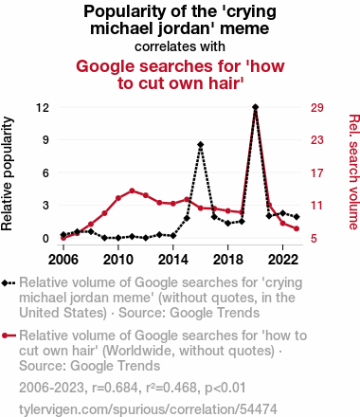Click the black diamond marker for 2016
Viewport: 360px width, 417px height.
pyautogui.click(x=201, y=145)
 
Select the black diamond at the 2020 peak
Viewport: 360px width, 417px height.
pyautogui.click(x=256, y=107)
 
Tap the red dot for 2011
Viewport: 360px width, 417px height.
pyautogui.click(x=132, y=190)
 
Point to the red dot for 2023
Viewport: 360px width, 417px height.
pyautogui.click(x=297, y=228)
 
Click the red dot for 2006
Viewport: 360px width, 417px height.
pyautogui.click(x=63, y=238)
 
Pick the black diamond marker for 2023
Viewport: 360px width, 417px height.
pyautogui.click(x=297, y=217)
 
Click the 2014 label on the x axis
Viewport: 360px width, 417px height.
pyautogui.click(x=173, y=260)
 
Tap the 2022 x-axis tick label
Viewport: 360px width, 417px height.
pyautogui.click(x=283, y=260)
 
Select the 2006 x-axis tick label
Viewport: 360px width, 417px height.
pyautogui.click(x=63, y=260)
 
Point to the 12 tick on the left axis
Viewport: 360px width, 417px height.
pyautogui.click(x=43, y=108)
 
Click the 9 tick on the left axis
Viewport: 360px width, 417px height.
pyautogui.click(x=45, y=140)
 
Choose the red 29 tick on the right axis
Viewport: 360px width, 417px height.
pyautogui.click(x=317, y=108)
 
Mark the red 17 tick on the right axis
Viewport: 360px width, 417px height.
pyautogui.click(x=317, y=172)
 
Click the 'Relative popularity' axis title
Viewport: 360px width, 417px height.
pyautogui.click(x=7, y=173)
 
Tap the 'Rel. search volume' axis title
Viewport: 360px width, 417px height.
pyautogui.click(x=353, y=172)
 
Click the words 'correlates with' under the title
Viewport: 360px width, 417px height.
pyautogui.click(x=180, y=46)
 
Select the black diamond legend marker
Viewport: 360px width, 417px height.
pyautogui.click(x=5, y=282)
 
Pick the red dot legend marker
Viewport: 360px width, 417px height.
pyautogui.click(x=5, y=335)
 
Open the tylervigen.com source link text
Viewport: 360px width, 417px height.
pyautogui.click(x=148, y=409)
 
